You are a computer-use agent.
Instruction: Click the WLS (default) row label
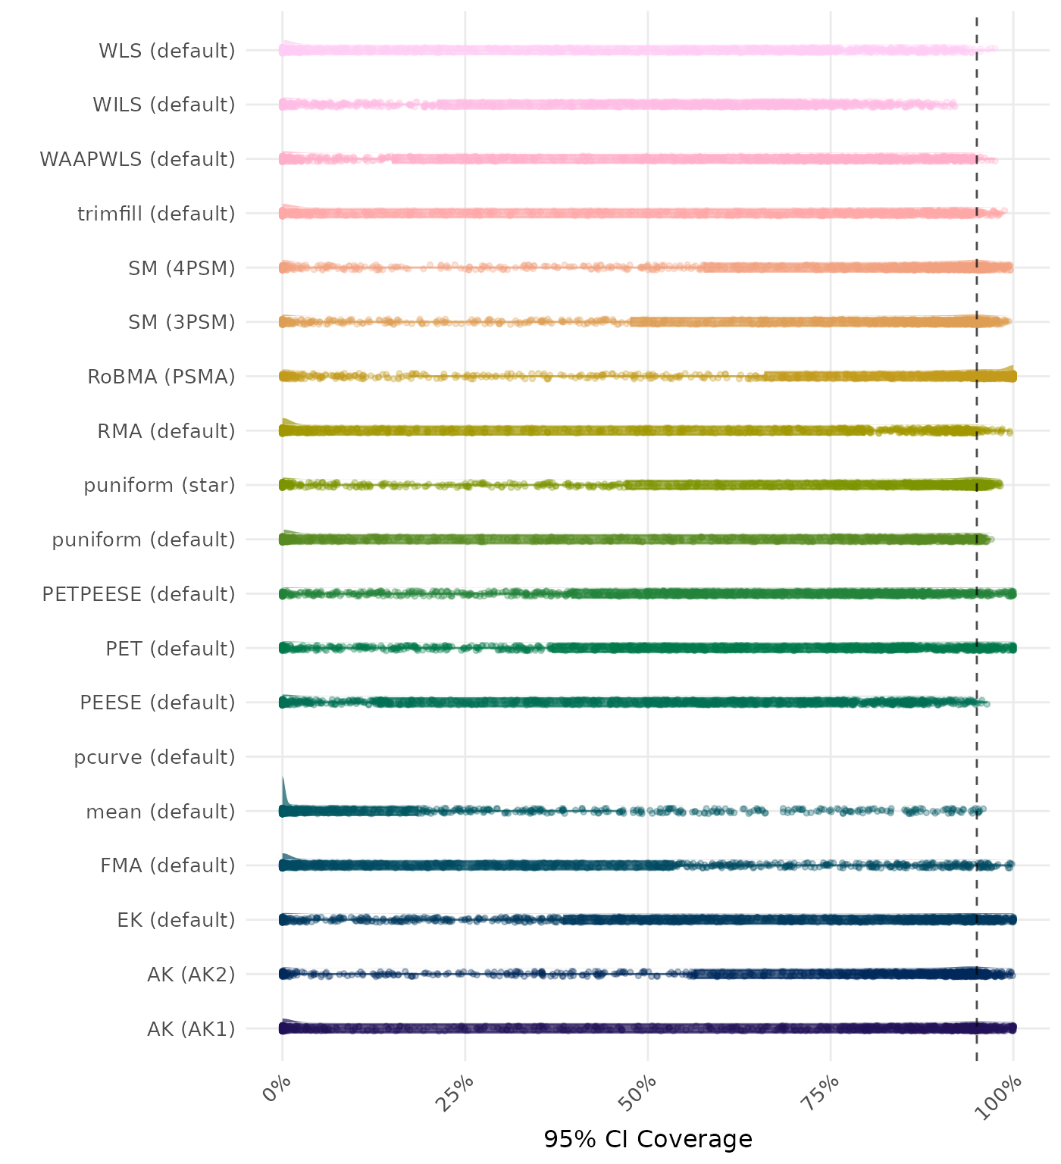point(167,51)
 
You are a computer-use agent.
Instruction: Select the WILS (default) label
point(164,105)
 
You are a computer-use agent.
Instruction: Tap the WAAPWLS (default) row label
point(137,159)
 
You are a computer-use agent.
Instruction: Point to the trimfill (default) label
point(156,214)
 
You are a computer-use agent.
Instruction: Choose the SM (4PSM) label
point(182,268)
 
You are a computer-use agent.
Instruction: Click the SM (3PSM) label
point(182,322)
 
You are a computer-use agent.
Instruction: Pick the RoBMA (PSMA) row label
point(161,377)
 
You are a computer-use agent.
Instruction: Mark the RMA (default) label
point(166,431)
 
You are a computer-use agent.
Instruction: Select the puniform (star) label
point(159,485)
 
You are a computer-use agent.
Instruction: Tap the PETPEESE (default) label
point(139,594)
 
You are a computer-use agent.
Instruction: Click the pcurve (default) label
point(155,757)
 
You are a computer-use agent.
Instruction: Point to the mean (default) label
point(161,812)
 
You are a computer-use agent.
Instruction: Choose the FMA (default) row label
point(167,865)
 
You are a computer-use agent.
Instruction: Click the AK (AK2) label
point(191,974)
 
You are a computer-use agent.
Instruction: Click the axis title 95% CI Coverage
point(648,1139)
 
